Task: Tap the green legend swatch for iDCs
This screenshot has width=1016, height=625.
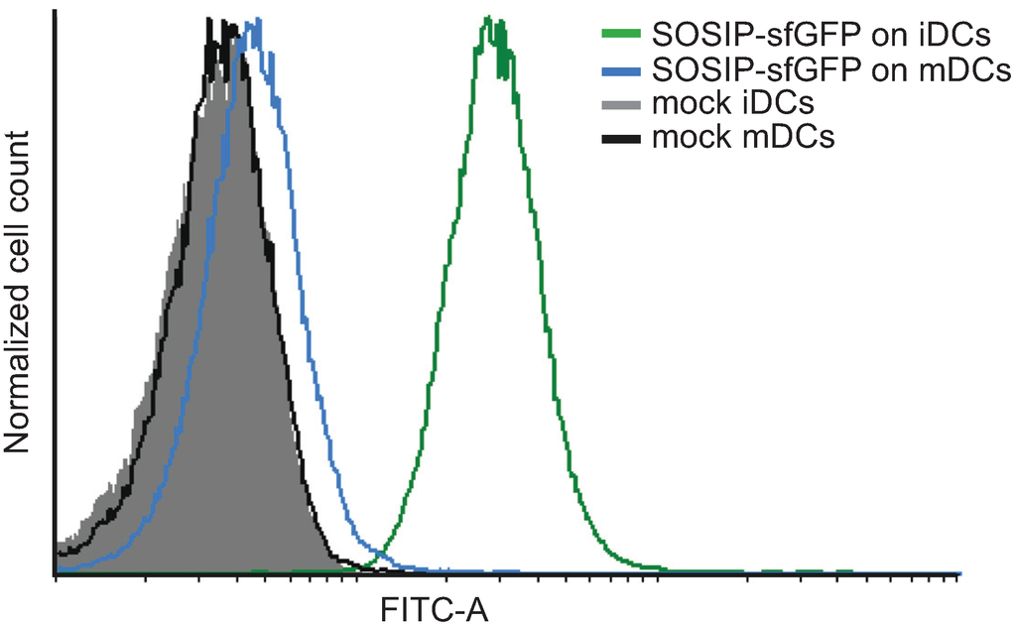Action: (620, 37)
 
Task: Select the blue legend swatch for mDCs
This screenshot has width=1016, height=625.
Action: (620, 70)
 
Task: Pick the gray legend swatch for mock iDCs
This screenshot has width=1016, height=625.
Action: (620, 103)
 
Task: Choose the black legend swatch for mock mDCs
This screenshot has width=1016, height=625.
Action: (620, 137)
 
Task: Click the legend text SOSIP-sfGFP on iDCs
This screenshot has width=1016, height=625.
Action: (822, 37)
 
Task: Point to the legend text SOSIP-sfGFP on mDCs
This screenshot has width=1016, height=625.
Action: (830, 70)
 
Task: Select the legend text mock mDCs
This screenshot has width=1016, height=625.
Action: (743, 137)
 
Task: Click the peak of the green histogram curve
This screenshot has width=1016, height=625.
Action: (488, 18)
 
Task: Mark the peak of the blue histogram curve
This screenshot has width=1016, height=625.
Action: (258, 19)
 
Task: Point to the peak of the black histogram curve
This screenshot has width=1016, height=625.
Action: (209, 19)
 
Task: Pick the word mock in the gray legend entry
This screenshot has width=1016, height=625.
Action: (687, 103)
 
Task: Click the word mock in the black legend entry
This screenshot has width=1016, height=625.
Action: (687, 137)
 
